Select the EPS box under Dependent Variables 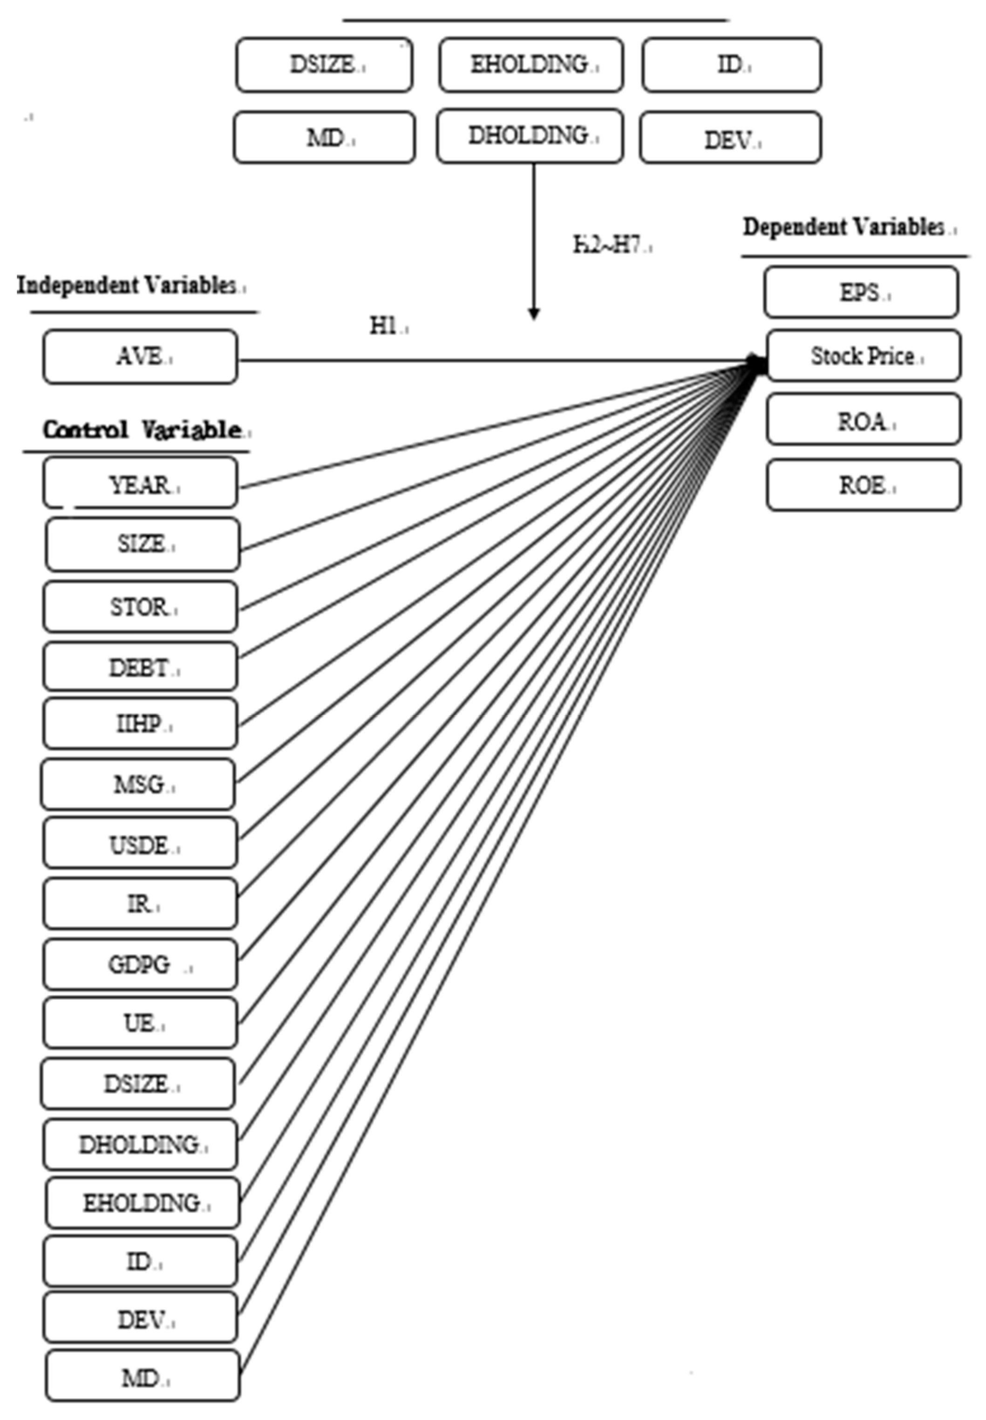coord(861,292)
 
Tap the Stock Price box coord(863,356)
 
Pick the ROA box coord(863,421)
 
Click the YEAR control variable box coord(140,485)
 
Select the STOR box coord(140,607)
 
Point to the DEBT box coord(140,667)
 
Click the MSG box coord(138,784)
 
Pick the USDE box coord(140,844)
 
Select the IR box coord(140,904)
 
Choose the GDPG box coord(140,964)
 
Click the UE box coord(140,1023)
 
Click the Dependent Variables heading coord(846,227)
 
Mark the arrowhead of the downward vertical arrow coord(534,314)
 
